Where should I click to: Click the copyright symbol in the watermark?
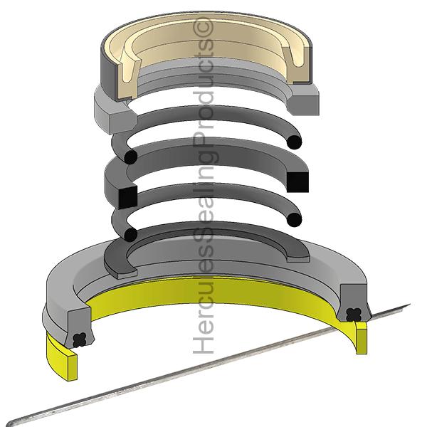(x=203, y=27)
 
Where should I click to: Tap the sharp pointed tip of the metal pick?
(x=410, y=304)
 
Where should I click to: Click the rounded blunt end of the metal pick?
(x=11, y=423)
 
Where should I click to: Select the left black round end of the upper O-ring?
(x=131, y=157)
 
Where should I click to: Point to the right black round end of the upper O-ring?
(x=295, y=142)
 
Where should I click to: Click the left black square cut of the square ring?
(x=127, y=197)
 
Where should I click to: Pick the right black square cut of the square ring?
(x=297, y=182)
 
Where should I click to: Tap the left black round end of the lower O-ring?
(x=131, y=234)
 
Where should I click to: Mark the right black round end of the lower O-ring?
(x=295, y=219)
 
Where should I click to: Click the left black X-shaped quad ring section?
(x=80, y=340)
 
